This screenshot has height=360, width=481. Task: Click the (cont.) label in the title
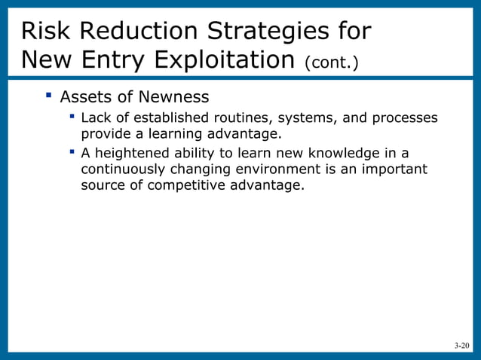[331, 62]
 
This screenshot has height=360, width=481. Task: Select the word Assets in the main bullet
[85, 97]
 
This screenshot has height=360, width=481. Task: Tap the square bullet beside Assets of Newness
[47, 96]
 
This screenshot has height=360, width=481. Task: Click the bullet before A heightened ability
[71, 151]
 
